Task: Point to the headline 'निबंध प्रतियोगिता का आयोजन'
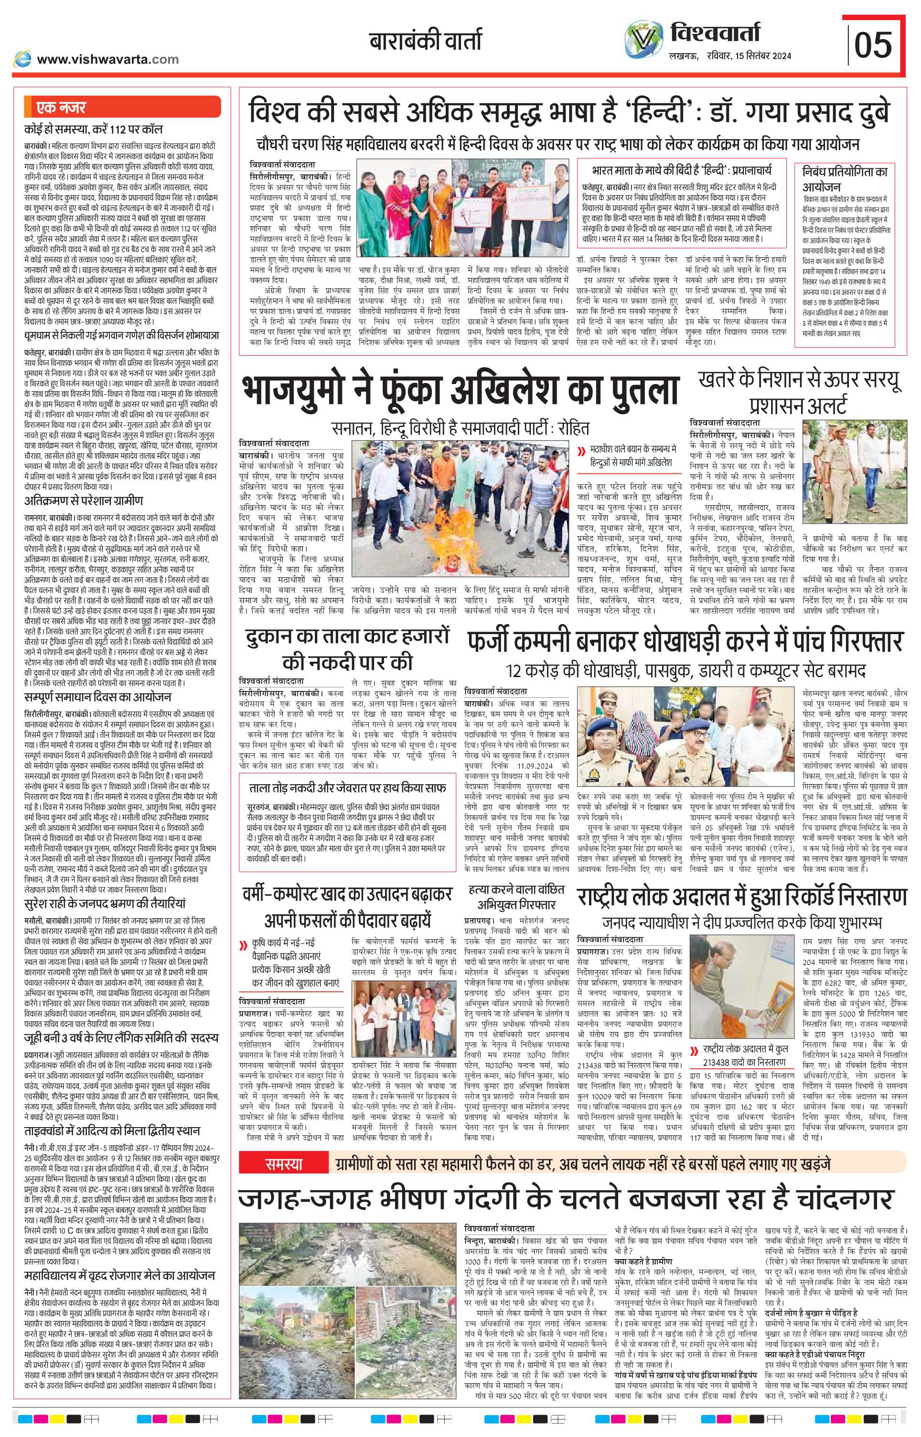tap(845, 179)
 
